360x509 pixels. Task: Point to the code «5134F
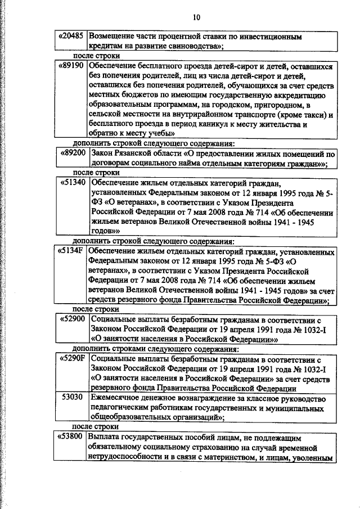point(71,250)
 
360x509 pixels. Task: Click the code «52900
point(71,318)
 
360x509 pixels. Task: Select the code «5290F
point(71,358)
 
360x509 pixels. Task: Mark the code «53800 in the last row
point(71,437)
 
